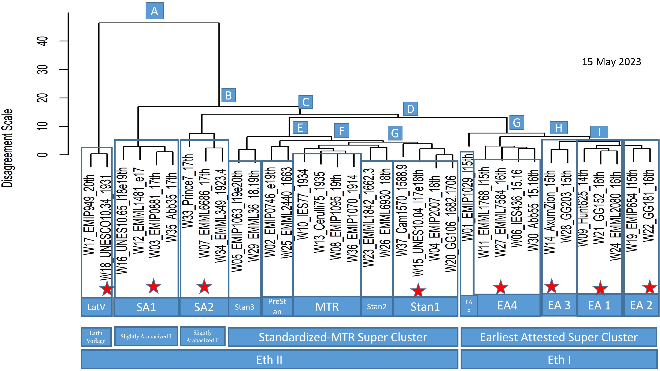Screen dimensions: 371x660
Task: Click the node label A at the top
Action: point(154,11)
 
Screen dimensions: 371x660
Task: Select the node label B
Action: point(228,95)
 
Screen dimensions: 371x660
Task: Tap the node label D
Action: point(410,109)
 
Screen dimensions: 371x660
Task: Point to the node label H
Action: point(559,128)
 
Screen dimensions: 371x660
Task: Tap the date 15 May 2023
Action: point(611,62)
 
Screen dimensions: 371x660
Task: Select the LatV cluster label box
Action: point(96,307)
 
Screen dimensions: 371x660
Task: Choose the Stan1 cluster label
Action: point(425,306)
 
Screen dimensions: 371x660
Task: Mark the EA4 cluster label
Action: point(507,305)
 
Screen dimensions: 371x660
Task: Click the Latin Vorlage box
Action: point(96,337)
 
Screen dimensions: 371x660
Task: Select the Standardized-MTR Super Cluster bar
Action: point(343,337)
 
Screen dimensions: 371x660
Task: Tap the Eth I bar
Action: point(559,359)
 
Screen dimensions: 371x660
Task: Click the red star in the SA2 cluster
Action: point(204,286)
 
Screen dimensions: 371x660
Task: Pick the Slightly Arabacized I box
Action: point(146,336)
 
